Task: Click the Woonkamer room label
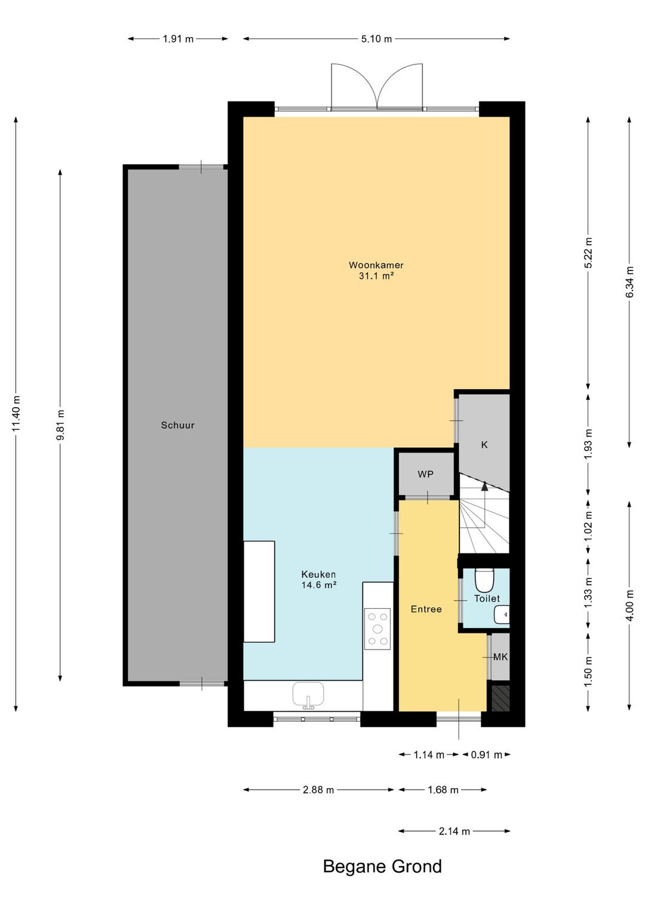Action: click(x=376, y=265)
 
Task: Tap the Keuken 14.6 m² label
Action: click(x=318, y=580)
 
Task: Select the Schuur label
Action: click(x=177, y=425)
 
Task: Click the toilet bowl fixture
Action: click(x=484, y=580)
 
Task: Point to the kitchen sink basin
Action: click(x=308, y=695)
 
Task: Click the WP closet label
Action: click(x=425, y=474)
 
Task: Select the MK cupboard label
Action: click(x=500, y=657)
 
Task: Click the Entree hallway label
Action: click(x=426, y=609)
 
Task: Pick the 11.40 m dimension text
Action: click(x=16, y=413)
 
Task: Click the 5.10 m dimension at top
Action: click(x=376, y=39)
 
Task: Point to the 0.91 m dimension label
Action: click(x=486, y=755)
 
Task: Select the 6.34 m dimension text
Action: click(x=629, y=282)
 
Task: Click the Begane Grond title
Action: click(x=382, y=867)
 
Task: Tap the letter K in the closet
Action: click(x=484, y=445)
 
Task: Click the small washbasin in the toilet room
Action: click(x=502, y=614)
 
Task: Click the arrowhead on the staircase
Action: click(x=484, y=486)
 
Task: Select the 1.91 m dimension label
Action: click(x=178, y=39)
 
